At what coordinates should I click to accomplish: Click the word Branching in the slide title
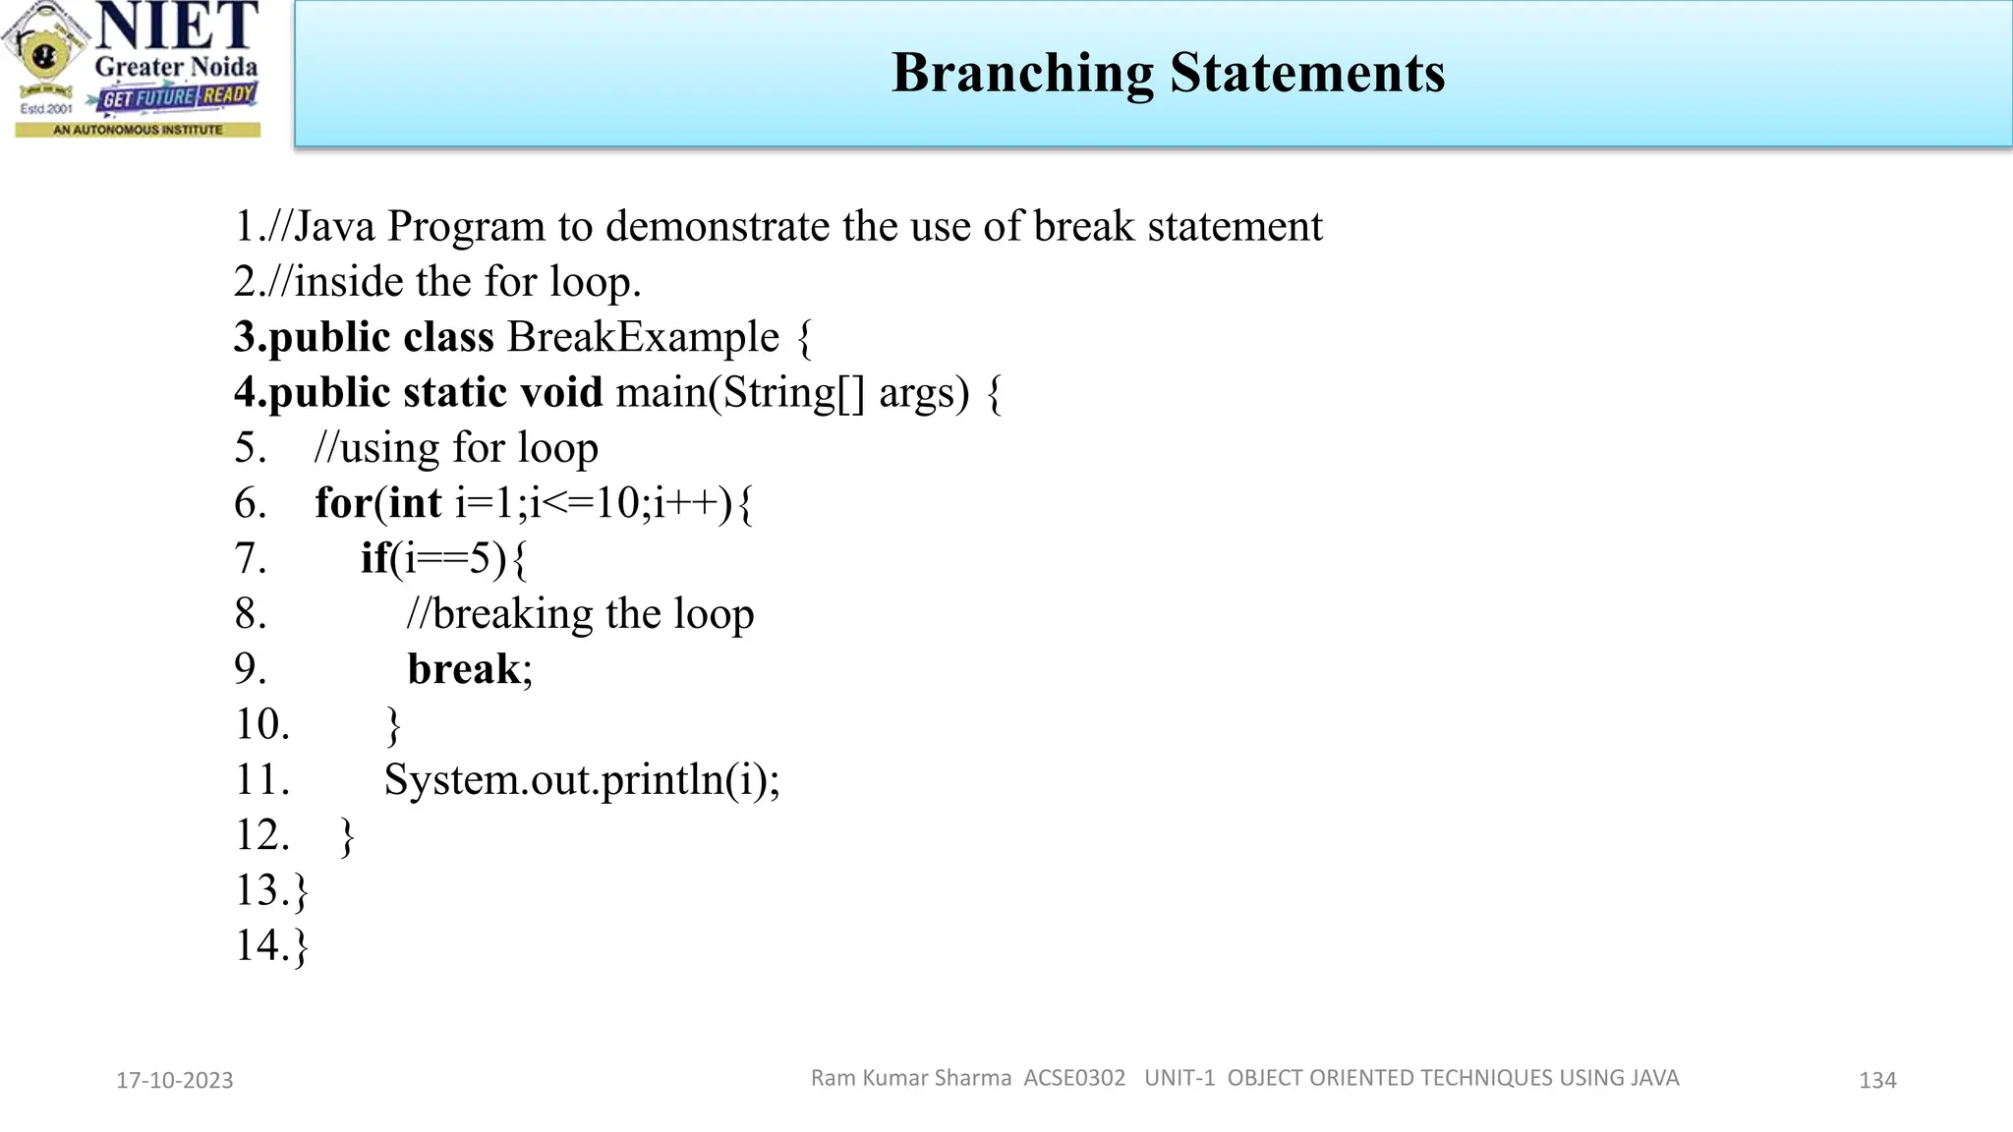tap(1022, 74)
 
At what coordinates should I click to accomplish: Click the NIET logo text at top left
tap(177, 27)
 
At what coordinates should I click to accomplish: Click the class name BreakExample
tap(643, 337)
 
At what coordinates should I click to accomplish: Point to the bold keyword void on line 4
tap(560, 392)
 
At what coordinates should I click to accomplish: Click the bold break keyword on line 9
tap(464, 669)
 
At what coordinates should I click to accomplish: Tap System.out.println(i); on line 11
tap(581, 780)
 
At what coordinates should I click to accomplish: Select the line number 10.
tap(261, 724)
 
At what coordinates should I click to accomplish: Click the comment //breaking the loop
tap(580, 614)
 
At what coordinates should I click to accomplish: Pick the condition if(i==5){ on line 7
tap(443, 558)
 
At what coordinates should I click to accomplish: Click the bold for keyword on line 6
tap(343, 503)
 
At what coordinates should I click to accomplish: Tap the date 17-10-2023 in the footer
tap(175, 1080)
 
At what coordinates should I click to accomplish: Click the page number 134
tap(1877, 1080)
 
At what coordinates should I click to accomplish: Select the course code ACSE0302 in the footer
tap(1074, 1078)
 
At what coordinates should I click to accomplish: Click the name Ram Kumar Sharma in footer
tap(910, 1078)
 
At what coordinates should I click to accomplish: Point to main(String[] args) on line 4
tap(792, 392)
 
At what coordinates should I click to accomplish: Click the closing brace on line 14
tap(302, 946)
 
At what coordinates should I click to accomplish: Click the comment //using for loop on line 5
tap(456, 448)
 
